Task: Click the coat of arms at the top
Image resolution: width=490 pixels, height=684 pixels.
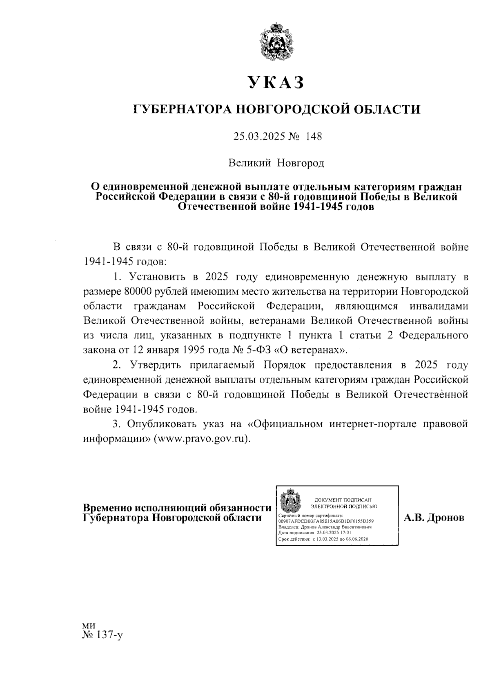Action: coord(276,43)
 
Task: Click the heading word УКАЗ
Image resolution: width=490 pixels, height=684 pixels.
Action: coord(276,82)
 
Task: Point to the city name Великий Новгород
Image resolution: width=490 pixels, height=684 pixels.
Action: coord(276,163)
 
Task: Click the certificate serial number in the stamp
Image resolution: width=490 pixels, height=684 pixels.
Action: coord(325,521)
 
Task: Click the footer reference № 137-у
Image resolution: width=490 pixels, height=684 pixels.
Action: coord(102,635)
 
